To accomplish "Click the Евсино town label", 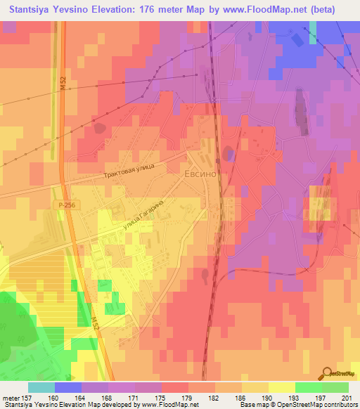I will tap(199, 171).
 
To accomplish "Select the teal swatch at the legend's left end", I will tap(41, 387).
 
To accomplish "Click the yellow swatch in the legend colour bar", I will tap(281, 387).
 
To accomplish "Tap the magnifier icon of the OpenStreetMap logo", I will tap(328, 374).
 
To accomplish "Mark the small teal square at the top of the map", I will tap(313, 32).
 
